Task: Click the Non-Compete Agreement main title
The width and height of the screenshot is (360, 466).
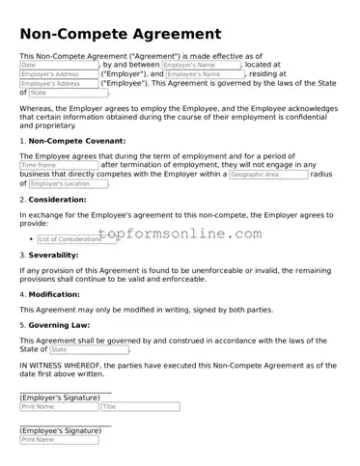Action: (120, 35)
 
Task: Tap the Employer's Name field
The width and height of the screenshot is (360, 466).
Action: (201, 65)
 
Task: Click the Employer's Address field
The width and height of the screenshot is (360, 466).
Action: (58, 74)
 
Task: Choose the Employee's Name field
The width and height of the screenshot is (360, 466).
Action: (205, 74)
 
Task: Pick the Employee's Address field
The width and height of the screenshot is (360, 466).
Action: (58, 84)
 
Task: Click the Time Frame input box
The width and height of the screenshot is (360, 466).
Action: (58, 165)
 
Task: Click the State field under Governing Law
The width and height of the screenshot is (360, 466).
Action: (88, 349)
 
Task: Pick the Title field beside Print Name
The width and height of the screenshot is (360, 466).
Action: (140, 406)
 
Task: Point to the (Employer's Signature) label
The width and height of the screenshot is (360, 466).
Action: (60, 397)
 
